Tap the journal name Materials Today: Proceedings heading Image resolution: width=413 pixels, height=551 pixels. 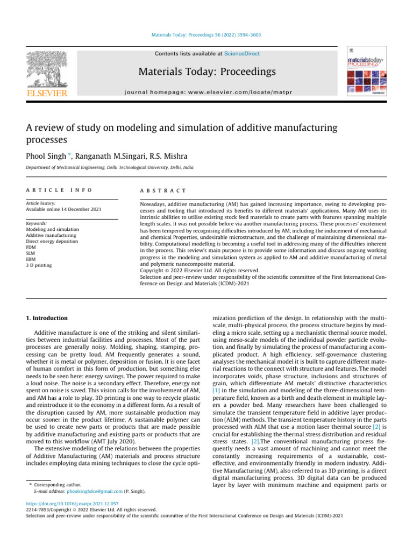point(207,72)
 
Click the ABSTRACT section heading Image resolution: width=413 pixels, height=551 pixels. point(163,190)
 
